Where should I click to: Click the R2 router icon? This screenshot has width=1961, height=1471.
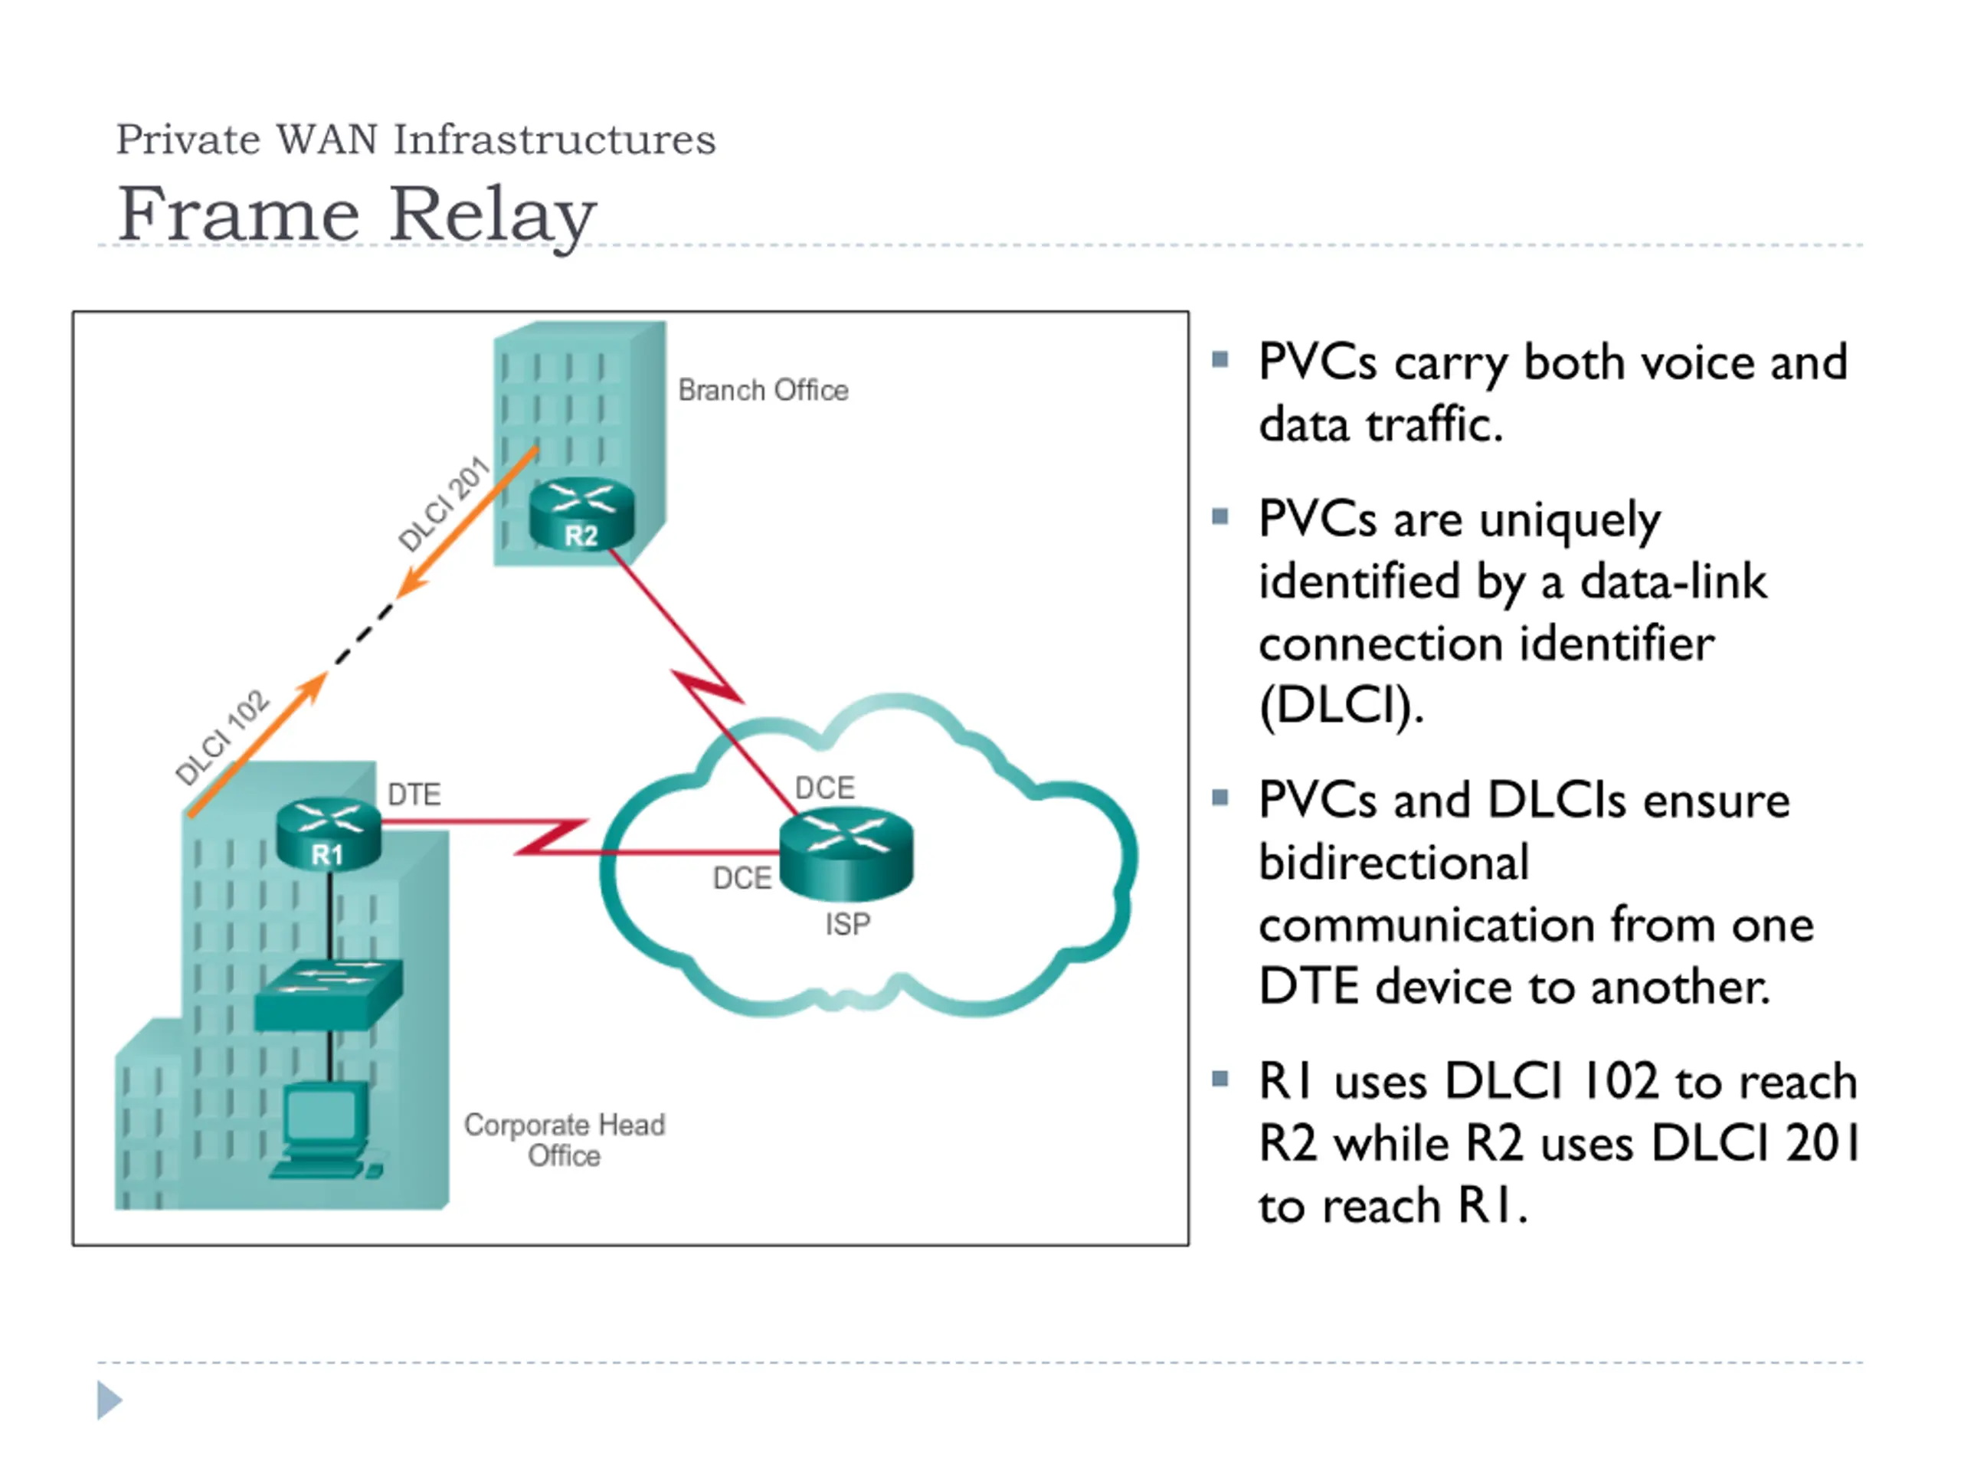tap(581, 514)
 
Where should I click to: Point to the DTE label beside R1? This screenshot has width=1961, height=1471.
tap(414, 794)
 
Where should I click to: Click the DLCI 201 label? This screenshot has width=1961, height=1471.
tap(444, 503)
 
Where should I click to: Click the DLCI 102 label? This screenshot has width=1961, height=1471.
tap(221, 737)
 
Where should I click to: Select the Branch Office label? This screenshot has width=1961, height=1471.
tap(763, 389)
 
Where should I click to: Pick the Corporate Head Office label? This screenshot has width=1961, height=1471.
tap(565, 1139)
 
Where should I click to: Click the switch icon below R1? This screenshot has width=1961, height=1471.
tap(329, 995)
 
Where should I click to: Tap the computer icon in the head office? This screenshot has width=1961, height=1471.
tap(326, 1131)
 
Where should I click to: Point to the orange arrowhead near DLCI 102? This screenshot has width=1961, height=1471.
tap(312, 688)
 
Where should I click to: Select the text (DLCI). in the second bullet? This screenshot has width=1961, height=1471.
tap(1341, 706)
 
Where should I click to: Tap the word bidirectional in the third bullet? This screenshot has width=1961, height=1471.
tap(1393, 862)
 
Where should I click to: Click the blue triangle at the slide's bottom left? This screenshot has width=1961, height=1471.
tap(109, 1399)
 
